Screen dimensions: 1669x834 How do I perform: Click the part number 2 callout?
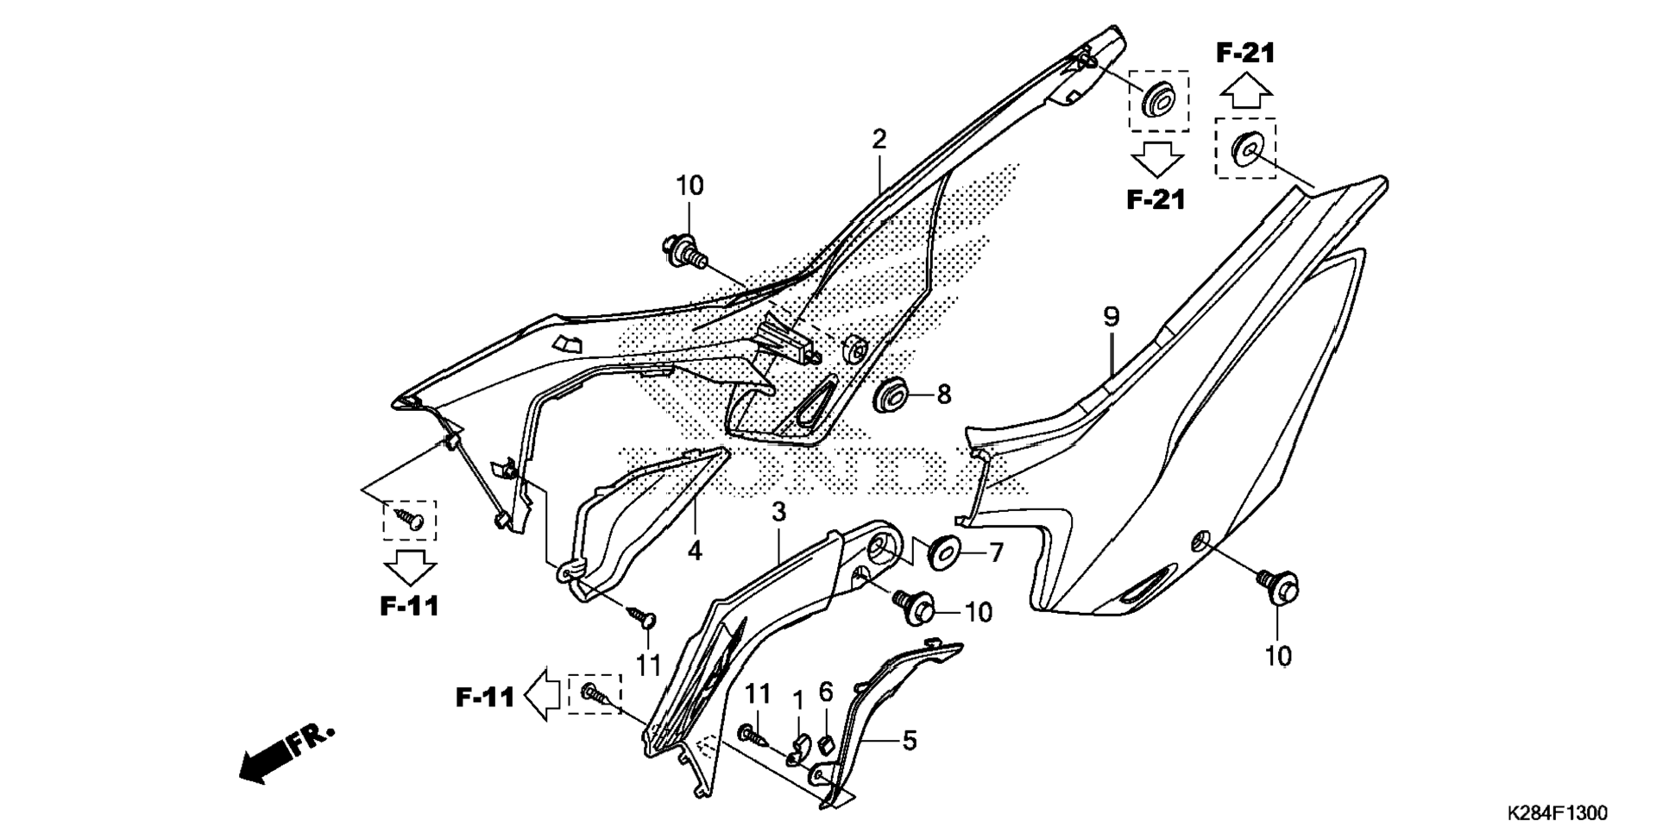click(879, 139)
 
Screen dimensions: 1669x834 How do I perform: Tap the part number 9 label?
click(1111, 317)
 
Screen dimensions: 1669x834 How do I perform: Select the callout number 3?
click(778, 512)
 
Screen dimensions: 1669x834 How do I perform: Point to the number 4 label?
click(695, 550)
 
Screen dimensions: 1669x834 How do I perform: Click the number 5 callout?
click(910, 741)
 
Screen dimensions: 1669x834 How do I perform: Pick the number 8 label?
click(943, 395)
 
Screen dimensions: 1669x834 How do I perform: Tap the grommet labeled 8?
click(890, 395)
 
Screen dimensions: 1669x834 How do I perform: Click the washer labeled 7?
click(943, 552)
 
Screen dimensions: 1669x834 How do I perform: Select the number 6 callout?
click(826, 692)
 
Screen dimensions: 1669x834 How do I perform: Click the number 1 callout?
click(798, 697)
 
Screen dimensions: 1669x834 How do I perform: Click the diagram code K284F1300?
click(1557, 813)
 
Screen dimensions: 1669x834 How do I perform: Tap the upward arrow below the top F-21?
click(1245, 89)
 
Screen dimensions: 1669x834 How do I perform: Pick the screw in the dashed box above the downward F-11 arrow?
click(410, 518)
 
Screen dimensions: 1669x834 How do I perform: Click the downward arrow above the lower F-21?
click(1156, 161)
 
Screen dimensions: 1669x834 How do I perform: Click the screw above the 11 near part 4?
click(643, 616)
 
